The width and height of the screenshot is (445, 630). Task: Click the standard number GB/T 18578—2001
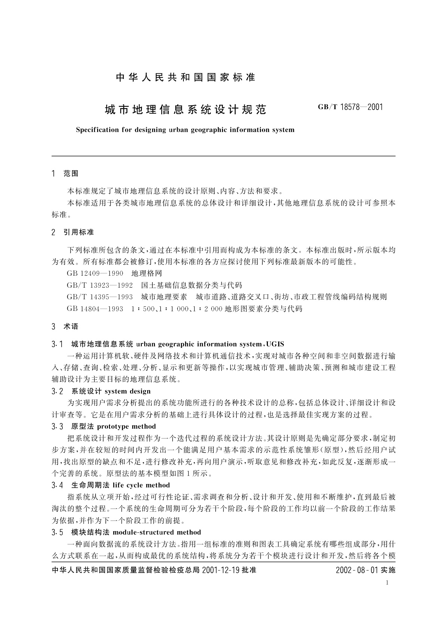[x=350, y=107]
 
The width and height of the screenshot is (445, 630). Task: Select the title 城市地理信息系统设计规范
[x=186, y=110]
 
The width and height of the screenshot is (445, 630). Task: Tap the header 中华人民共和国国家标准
[x=186, y=77]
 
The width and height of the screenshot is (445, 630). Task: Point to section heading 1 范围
[x=65, y=174]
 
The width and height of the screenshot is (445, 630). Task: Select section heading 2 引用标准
[x=73, y=232]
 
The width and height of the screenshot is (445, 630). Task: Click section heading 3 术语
[x=65, y=327]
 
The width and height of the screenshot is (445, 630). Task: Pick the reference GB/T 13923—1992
[x=100, y=285]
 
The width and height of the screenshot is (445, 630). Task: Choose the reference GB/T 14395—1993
[x=100, y=297]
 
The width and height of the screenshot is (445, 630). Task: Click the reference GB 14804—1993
[x=95, y=309]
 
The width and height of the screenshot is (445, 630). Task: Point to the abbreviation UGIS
[x=275, y=344]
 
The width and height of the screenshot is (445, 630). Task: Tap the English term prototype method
[x=126, y=426]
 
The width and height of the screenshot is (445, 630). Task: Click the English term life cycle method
[x=141, y=485]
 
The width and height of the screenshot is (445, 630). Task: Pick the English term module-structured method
[x=157, y=532]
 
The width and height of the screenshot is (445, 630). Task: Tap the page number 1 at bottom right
[x=387, y=582]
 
